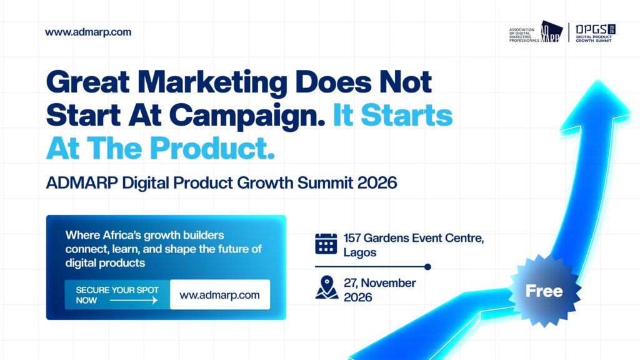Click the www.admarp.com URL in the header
[x=88, y=32]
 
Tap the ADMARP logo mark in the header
[x=552, y=31]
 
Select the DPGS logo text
[x=591, y=29]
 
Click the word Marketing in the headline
[x=212, y=83]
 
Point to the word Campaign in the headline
[x=247, y=116]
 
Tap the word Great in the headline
[x=87, y=82]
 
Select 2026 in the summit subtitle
[x=377, y=182]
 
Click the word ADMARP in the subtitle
[x=82, y=182]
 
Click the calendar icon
[x=326, y=244]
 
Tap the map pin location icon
[x=326, y=287]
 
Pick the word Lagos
[x=360, y=252]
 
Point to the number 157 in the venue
[x=352, y=238]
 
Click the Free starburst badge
[x=544, y=291]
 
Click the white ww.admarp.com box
[x=220, y=295]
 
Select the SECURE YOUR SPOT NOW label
[x=117, y=295]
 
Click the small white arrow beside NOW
[x=134, y=301]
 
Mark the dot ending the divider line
[x=427, y=267]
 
